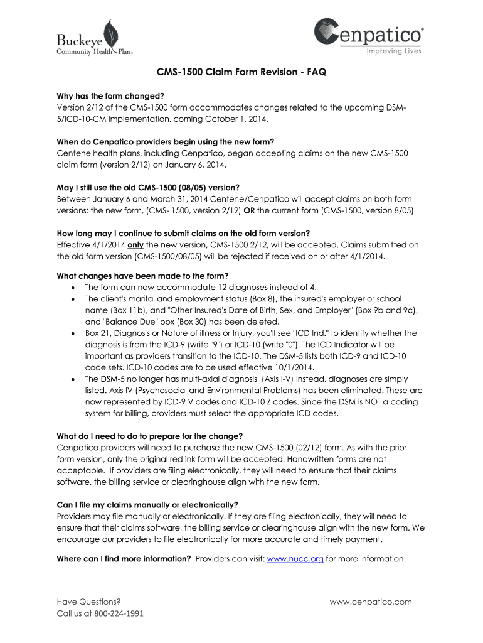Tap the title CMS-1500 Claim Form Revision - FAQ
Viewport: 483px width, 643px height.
tap(241, 72)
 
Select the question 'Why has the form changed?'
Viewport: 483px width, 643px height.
tap(110, 95)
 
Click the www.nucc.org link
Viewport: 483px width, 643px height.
tap(295, 558)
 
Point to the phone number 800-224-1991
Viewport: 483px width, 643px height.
tap(119, 613)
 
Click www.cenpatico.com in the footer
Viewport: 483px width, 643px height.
tap(371, 602)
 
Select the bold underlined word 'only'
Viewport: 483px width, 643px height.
tap(136, 245)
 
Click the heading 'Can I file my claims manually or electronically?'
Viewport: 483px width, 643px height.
tap(147, 504)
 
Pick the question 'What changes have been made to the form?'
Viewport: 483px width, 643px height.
tap(142, 276)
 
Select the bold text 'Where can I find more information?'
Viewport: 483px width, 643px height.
tap(124, 558)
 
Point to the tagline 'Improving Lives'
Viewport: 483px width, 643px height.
tap(393, 51)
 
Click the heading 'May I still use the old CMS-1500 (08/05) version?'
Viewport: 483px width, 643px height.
tap(148, 187)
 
